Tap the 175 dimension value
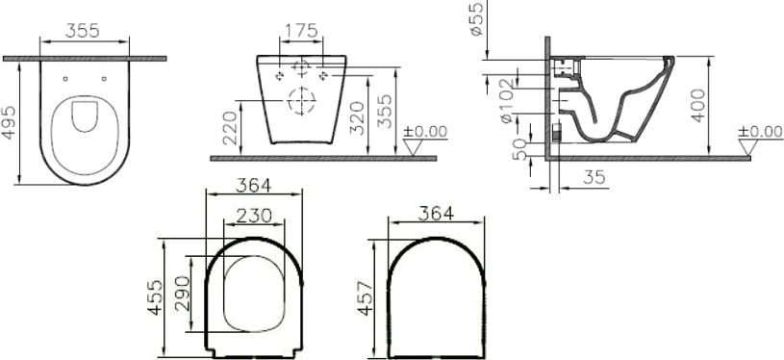coord(301,31)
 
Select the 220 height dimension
coord(230,128)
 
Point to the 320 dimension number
coord(357,118)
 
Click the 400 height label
coord(698,105)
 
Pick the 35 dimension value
coord(594,177)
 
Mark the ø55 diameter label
coord(476,18)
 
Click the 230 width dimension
coord(254,216)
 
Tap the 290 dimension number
coord(182,293)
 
